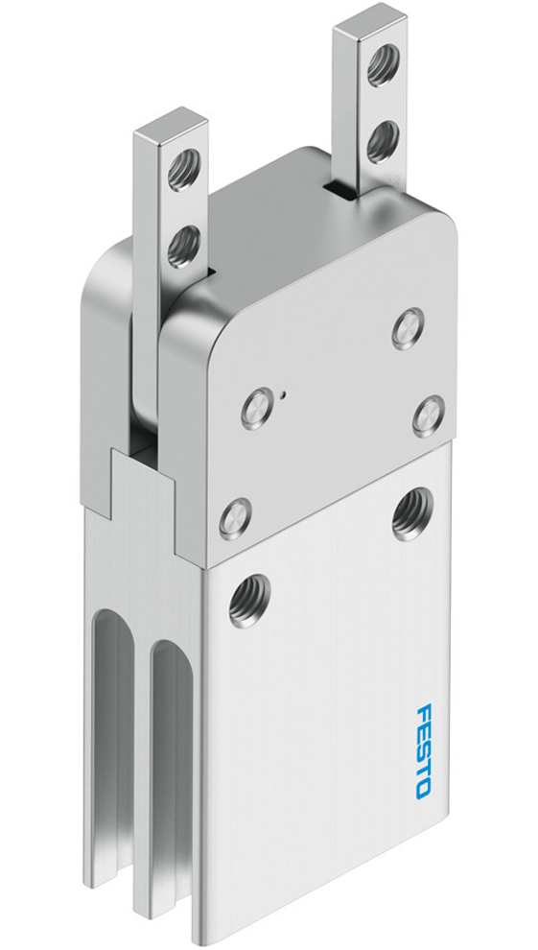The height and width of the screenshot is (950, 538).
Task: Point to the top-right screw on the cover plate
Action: point(409,328)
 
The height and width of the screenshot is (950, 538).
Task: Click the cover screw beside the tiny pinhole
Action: point(257,410)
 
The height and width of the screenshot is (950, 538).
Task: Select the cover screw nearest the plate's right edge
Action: point(428,416)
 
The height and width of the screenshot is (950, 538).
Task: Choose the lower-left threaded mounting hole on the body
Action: point(249,600)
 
